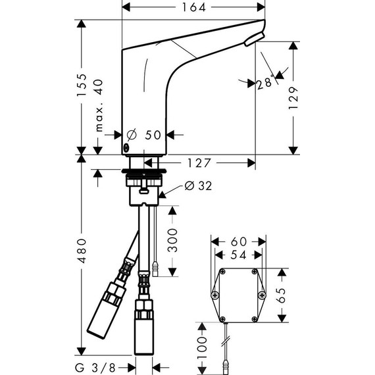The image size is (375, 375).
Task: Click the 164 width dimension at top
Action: click(194, 8)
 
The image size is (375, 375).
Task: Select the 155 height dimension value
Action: click(82, 86)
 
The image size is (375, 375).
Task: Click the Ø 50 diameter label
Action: click(144, 134)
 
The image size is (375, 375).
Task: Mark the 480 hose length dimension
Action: click(82, 259)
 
